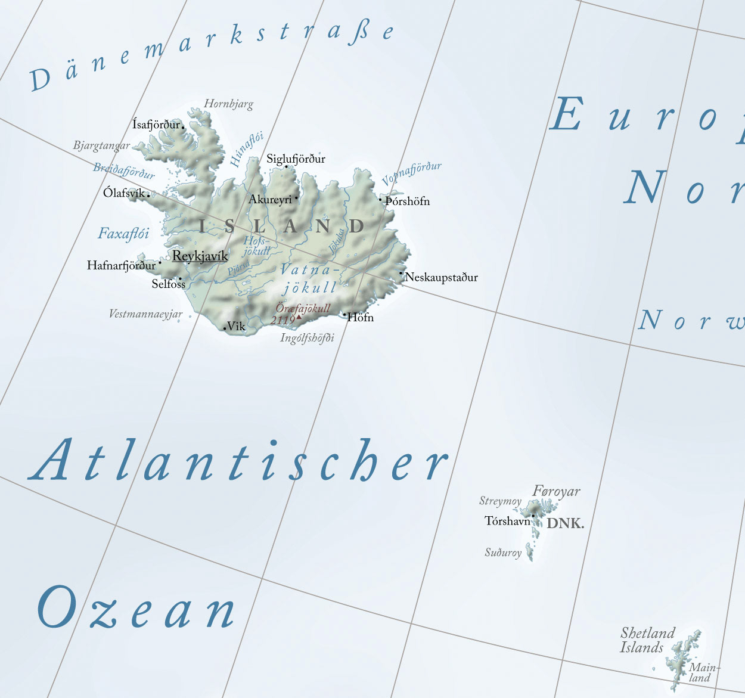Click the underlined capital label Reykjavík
pyautogui.click(x=200, y=256)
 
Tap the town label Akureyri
pyautogui.click(x=270, y=200)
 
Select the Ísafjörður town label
pyautogui.click(x=156, y=125)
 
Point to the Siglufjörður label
pyautogui.click(x=296, y=159)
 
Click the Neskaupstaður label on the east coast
pyautogui.click(x=441, y=277)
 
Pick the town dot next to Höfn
pyautogui.click(x=344, y=315)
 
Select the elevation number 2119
pyautogui.click(x=283, y=320)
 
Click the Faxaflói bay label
pyautogui.click(x=123, y=234)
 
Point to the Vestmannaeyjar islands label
pyautogui.click(x=145, y=314)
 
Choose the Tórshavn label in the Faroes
pyautogui.click(x=507, y=521)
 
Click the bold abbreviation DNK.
pyautogui.click(x=565, y=523)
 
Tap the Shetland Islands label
pyautogui.click(x=647, y=640)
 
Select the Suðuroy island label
pyautogui.click(x=503, y=553)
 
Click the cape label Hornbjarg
pyautogui.click(x=228, y=104)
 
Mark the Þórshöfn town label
pyautogui.click(x=408, y=201)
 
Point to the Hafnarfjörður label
pyautogui.click(x=121, y=265)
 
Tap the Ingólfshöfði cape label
pyautogui.click(x=307, y=338)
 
